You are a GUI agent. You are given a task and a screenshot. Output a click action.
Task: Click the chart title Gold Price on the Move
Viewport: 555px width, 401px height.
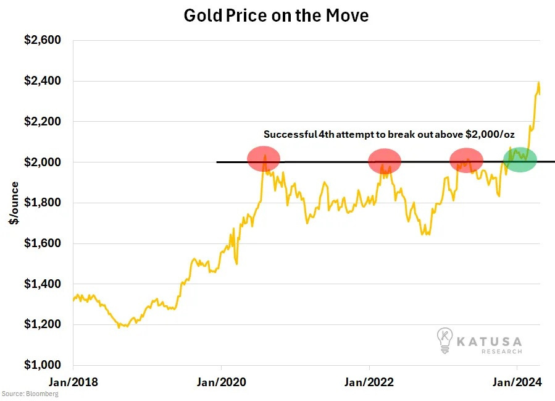tap(276, 15)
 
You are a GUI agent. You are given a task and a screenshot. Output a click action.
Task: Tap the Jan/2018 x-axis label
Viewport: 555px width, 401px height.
tap(73, 382)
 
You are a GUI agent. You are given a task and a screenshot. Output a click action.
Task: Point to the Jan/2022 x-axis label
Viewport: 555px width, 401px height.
tap(369, 382)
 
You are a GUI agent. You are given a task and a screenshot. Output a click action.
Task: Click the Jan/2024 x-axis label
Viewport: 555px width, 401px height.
tap(516, 382)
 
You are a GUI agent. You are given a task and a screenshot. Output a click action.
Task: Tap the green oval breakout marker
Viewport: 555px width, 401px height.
tap(520, 159)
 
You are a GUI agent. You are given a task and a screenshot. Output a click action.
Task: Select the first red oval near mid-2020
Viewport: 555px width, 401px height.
tap(264, 159)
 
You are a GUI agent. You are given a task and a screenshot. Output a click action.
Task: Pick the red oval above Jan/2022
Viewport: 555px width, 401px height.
tap(385, 161)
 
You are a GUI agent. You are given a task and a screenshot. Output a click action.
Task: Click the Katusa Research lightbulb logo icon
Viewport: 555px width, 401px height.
tap(444, 340)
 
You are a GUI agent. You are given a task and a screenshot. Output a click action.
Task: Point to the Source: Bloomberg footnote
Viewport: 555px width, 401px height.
tap(30, 394)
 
